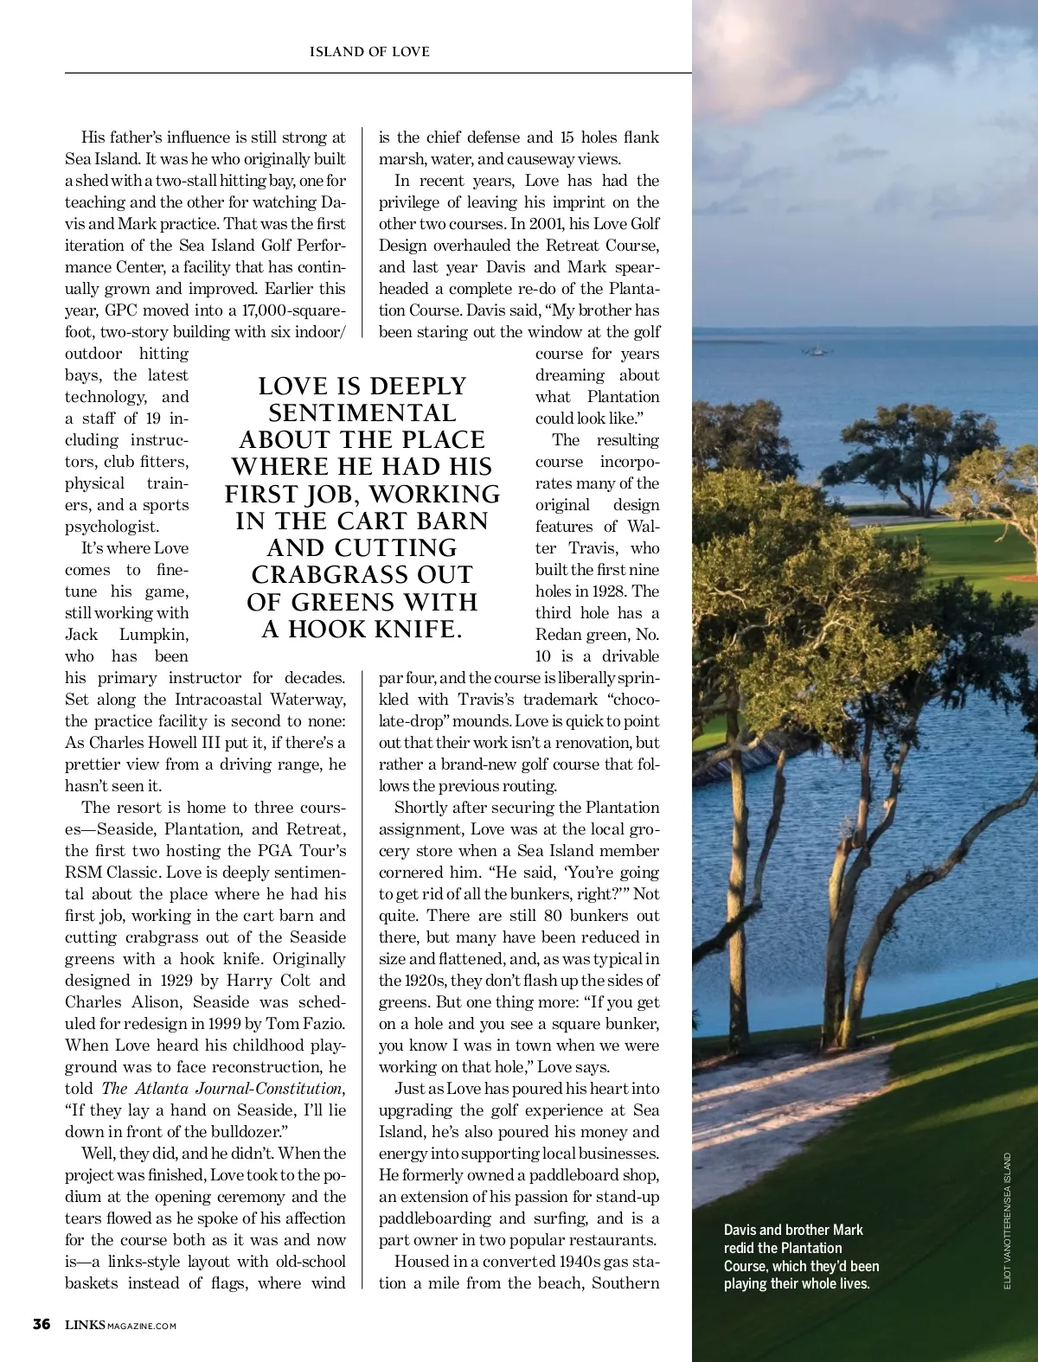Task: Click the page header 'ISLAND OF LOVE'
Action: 369,52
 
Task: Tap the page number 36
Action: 41,1324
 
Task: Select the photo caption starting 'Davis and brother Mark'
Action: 801,1256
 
